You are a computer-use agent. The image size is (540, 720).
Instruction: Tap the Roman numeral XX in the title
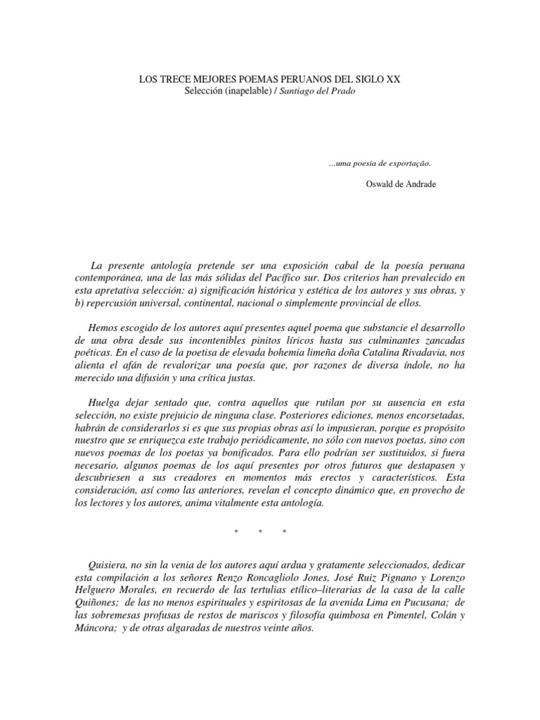[392, 81]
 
